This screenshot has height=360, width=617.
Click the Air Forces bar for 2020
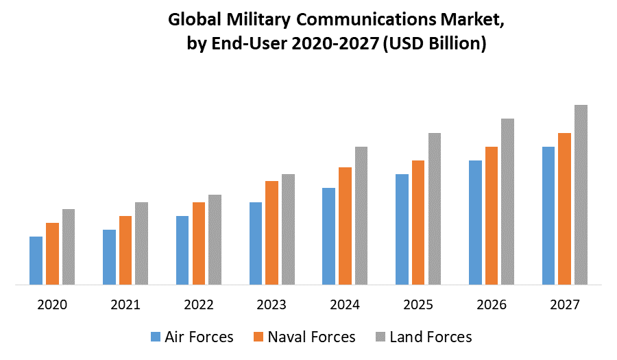(36, 261)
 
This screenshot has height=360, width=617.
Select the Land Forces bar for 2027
(581, 195)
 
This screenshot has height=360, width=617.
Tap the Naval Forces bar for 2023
(271, 232)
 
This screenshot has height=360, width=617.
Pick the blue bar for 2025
(402, 229)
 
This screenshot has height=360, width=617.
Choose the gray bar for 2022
(215, 239)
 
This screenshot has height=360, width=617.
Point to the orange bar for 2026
(492, 215)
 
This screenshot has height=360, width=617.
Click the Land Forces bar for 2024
(361, 215)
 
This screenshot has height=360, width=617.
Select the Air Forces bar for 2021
(109, 257)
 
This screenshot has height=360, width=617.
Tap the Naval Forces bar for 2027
(564, 208)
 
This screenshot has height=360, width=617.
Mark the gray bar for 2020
(69, 247)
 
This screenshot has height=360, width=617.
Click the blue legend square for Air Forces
(155, 337)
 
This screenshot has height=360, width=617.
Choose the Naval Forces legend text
(311, 337)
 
